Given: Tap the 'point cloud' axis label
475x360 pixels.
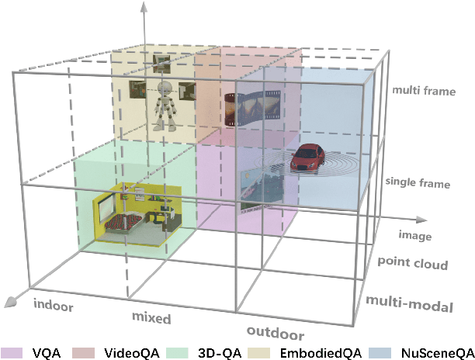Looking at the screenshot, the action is click(x=413, y=264).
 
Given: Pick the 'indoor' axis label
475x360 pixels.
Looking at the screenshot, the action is click(x=53, y=305).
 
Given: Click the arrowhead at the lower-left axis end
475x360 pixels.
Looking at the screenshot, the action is click(x=9, y=300).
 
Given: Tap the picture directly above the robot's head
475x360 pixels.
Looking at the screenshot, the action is click(x=163, y=61).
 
